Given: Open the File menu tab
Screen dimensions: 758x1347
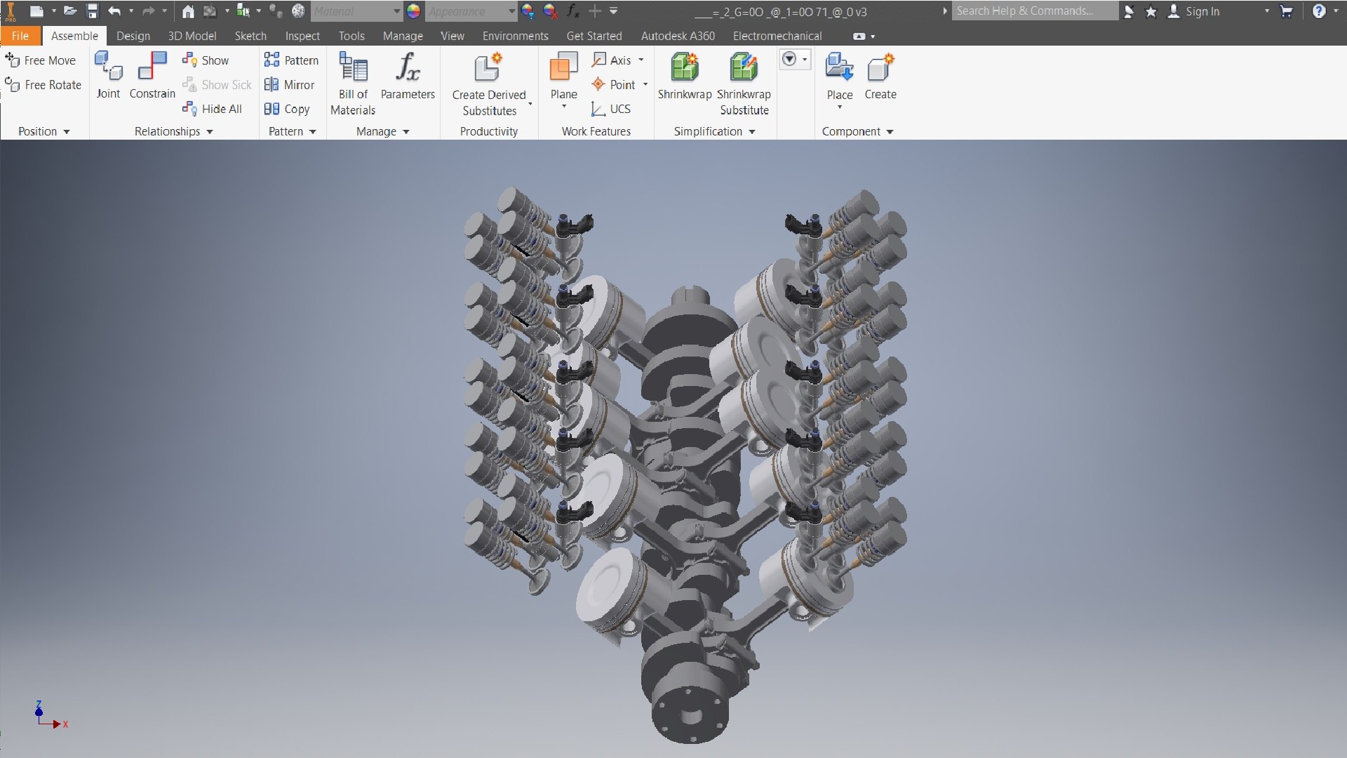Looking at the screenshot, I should pyautogui.click(x=20, y=36).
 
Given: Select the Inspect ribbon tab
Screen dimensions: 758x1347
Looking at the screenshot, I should pyautogui.click(x=302, y=36).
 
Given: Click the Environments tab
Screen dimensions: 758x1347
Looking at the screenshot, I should pyautogui.click(x=515, y=36).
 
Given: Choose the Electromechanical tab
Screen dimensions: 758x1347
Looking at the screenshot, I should pyautogui.click(x=777, y=36).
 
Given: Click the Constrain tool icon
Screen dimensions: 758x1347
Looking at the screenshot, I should pyautogui.click(x=152, y=67).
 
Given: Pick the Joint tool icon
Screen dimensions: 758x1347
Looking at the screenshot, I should pyautogui.click(x=108, y=67).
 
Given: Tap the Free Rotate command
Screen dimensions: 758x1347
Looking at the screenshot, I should pyautogui.click(x=43, y=85).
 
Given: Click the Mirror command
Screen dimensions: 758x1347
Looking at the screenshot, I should pyautogui.click(x=290, y=85).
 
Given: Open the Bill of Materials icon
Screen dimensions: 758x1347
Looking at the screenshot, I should pyautogui.click(x=353, y=69).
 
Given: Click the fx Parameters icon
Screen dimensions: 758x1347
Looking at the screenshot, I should pyautogui.click(x=408, y=68).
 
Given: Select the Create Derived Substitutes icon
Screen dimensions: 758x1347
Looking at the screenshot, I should pyautogui.click(x=488, y=69).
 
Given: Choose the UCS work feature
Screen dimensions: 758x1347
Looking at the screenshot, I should pyautogui.click(x=611, y=109).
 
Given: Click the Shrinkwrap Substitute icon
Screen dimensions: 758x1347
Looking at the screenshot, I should pyautogui.click(x=744, y=69).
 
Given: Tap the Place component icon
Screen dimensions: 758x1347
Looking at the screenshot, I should pyautogui.click(x=839, y=69).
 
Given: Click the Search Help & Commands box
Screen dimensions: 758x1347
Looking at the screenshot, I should pyautogui.click(x=1034, y=11).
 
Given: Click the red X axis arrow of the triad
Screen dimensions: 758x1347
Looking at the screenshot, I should pyautogui.click(x=57, y=724).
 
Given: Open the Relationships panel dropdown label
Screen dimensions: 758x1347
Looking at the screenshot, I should pyautogui.click(x=173, y=131).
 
